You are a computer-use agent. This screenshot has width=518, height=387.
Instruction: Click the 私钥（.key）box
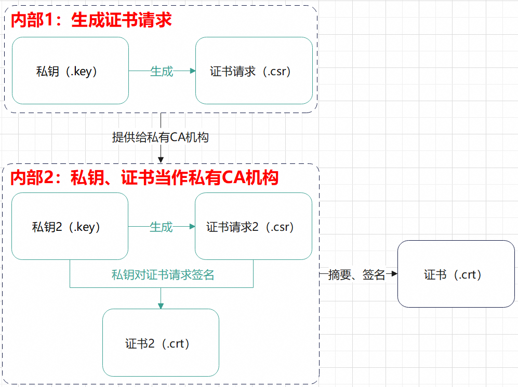pyautogui.click(x=70, y=71)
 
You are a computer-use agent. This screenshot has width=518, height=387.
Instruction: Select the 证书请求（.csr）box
pyautogui.click(x=254, y=71)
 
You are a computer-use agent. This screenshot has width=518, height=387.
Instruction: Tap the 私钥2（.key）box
pyautogui.click(x=70, y=226)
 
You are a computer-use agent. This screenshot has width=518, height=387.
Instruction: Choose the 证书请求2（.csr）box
pyautogui.click(x=253, y=226)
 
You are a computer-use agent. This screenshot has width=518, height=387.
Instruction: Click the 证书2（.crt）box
pyautogui.click(x=161, y=343)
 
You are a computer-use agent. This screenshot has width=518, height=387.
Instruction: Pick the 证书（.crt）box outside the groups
pyautogui.click(x=456, y=274)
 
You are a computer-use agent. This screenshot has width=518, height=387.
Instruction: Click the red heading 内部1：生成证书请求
pyautogui.click(x=91, y=20)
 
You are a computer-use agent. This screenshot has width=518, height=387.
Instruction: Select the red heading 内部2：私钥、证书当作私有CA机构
pyautogui.click(x=145, y=178)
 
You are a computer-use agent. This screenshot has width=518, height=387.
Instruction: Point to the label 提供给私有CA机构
pyautogui.click(x=161, y=137)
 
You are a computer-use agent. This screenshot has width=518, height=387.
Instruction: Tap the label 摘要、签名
pyautogui.click(x=357, y=275)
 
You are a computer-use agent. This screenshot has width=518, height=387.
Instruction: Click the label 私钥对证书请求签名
pyautogui.click(x=163, y=275)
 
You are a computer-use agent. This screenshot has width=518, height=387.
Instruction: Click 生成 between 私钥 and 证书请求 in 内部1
pyautogui.click(x=162, y=71)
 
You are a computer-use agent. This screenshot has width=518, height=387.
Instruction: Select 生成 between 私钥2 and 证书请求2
pyautogui.click(x=161, y=227)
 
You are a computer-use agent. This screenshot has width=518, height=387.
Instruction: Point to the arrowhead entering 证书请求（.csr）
pyautogui.click(x=192, y=71)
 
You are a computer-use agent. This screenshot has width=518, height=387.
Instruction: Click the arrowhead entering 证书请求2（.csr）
pyautogui.click(x=192, y=227)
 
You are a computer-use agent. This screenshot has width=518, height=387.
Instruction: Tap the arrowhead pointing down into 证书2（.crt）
pyautogui.click(x=161, y=306)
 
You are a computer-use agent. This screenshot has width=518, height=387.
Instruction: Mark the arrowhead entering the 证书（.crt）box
pyautogui.click(x=394, y=274)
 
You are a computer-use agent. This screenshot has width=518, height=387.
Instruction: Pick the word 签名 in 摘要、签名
pyautogui.click(x=374, y=275)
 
